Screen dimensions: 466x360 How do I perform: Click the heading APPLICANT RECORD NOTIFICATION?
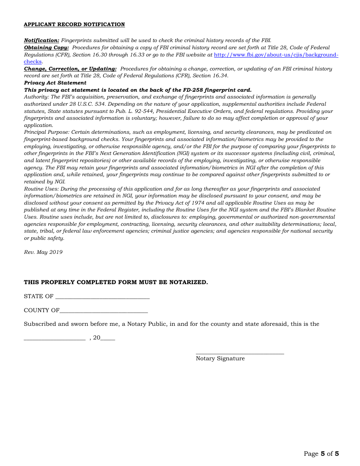click(74, 25)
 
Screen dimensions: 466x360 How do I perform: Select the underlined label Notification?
click(42, 41)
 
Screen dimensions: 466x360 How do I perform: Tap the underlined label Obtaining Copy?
click(46, 48)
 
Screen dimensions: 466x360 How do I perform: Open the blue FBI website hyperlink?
click(276, 55)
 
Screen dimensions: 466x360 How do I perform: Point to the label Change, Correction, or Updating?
click(70, 69)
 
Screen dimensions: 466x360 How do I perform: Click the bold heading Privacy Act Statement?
click(55, 83)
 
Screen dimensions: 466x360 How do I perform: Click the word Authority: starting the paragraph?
click(36, 97)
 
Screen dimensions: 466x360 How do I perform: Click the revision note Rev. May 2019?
click(43, 252)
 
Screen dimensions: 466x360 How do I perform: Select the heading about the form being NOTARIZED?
click(116, 283)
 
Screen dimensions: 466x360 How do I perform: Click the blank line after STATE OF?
click(102, 297)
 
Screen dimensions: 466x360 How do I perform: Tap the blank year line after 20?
click(108, 339)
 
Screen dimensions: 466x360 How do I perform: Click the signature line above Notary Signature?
click(239, 353)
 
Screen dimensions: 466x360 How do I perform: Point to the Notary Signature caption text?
click(220, 359)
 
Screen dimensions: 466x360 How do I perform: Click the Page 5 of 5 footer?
click(321, 454)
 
